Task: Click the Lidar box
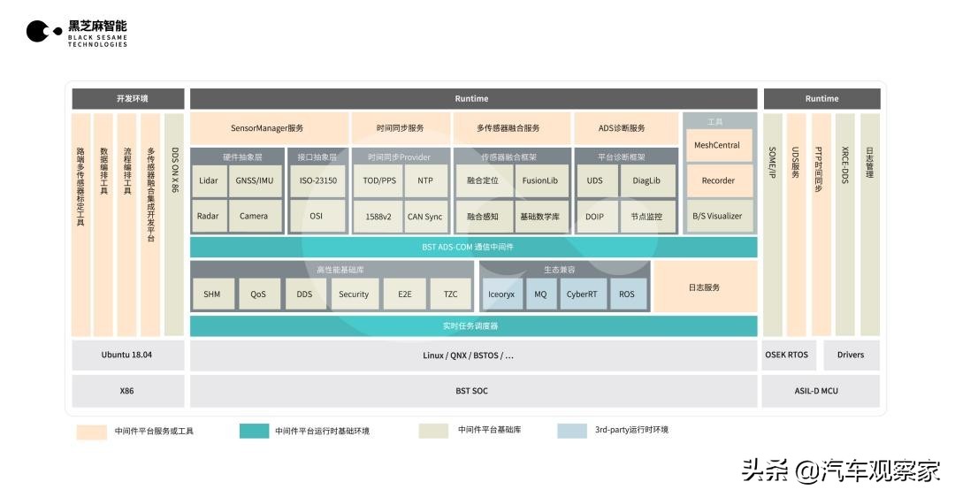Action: coord(209,180)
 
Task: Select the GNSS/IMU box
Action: coord(254,180)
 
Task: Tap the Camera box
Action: coord(254,216)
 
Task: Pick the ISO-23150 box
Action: coord(317,180)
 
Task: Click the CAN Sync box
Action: coord(425,216)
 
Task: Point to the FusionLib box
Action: coord(540,180)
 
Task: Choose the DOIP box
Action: coord(595,216)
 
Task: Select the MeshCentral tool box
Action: coord(717,145)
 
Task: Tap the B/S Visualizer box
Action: coord(717,216)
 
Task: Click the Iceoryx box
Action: coord(501,294)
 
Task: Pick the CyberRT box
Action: coord(582,294)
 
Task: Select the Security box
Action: coord(354,294)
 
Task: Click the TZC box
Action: coord(450,294)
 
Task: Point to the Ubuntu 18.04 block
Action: coord(127,356)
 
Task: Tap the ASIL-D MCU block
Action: coord(821,390)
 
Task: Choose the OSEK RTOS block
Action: coord(786,356)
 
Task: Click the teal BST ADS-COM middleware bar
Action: coord(473,248)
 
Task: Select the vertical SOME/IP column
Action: coord(773,224)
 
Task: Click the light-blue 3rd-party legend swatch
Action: coord(571,431)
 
